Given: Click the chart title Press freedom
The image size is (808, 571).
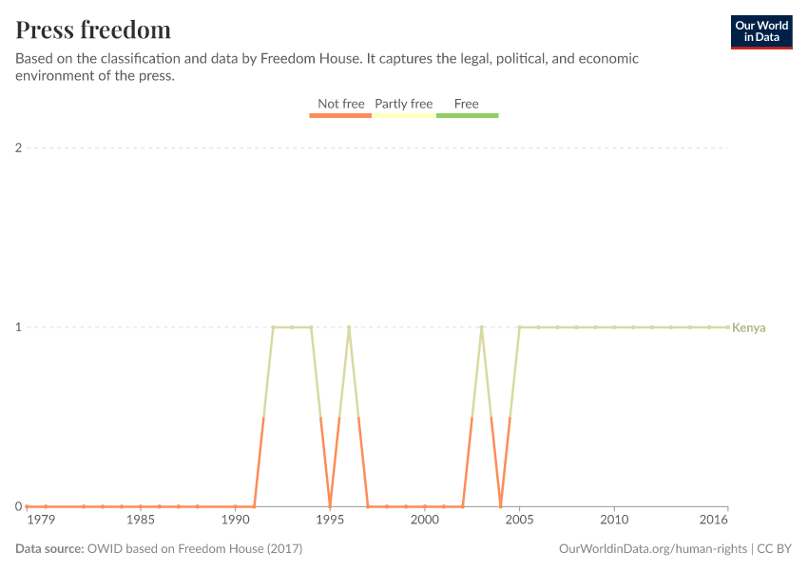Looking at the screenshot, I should tap(93, 30).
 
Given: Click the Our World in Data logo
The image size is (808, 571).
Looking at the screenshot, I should tap(761, 31).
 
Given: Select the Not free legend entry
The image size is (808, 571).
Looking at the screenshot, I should tap(340, 104).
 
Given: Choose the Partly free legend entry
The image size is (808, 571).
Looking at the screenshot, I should tap(403, 104).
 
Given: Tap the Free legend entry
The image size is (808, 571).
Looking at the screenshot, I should tap(467, 104).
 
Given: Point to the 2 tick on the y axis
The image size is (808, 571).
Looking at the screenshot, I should tap(18, 148).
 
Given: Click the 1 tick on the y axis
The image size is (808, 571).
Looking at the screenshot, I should tap(18, 327).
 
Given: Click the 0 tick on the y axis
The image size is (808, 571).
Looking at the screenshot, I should tap(18, 506).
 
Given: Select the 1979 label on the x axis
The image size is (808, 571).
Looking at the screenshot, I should tap(41, 521).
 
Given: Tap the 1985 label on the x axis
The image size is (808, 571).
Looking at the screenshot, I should tap(141, 521).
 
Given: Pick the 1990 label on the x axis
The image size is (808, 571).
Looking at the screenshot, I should tap(235, 521).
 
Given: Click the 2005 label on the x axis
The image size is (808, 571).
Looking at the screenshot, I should tap(519, 521).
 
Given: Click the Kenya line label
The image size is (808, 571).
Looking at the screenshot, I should tap(749, 327).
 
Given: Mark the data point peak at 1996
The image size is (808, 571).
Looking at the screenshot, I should tap(349, 327).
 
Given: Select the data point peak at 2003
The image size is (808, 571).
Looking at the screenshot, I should tap(482, 327).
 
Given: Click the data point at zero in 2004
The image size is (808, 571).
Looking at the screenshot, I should tap(501, 506).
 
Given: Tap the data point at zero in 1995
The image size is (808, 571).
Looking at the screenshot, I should tap(330, 506).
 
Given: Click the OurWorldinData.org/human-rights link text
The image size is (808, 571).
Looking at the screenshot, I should tap(652, 549).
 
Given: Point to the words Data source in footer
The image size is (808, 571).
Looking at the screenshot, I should tap(49, 549).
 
